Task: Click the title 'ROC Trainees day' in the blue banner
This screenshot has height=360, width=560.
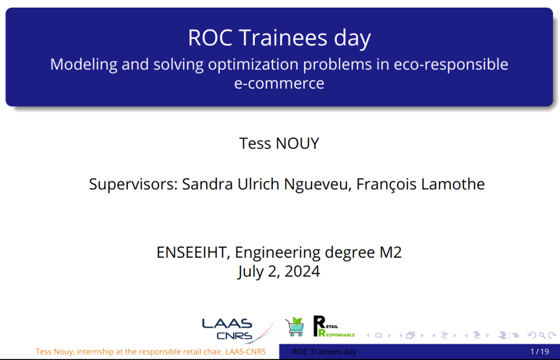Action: pyautogui.click(x=279, y=38)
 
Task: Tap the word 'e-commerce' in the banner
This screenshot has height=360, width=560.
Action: pyautogui.click(x=279, y=83)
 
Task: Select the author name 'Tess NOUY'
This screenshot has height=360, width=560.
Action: pyautogui.click(x=279, y=143)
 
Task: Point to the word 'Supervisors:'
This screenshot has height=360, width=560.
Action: pyautogui.click(x=133, y=184)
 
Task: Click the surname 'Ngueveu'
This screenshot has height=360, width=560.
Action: pyautogui.click(x=316, y=184)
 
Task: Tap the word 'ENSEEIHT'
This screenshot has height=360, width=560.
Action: pyautogui.click(x=193, y=253)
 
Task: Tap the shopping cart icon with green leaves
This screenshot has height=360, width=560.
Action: pyautogui.click(x=295, y=327)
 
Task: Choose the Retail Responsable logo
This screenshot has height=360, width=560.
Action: pyautogui.click(x=334, y=326)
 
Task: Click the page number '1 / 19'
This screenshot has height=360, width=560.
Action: pyautogui.click(x=539, y=352)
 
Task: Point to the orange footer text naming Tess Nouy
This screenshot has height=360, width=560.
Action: pyautogui.click(x=151, y=352)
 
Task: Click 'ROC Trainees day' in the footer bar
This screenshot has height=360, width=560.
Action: pyautogui.click(x=324, y=352)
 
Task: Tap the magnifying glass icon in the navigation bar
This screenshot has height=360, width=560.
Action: pyautogui.click(x=542, y=335)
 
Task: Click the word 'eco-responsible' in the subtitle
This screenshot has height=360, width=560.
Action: pyautogui.click(x=451, y=65)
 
